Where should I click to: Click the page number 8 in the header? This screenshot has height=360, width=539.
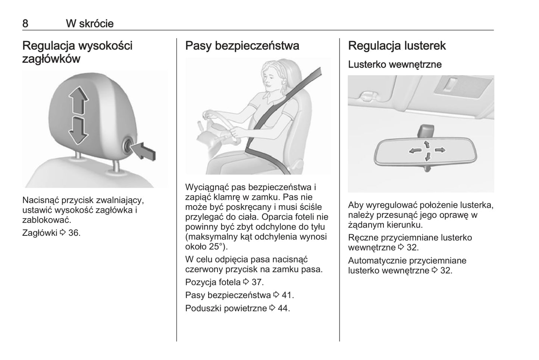[x=25, y=24]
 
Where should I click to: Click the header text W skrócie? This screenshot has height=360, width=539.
[x=90, y=24]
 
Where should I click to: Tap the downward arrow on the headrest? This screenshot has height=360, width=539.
[x=78, y=131]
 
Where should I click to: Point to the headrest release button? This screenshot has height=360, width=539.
[x=128, y=145]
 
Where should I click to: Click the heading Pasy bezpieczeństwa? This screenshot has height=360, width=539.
[x=242, y=46]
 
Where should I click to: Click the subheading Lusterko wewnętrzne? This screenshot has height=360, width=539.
[x=395, y=65]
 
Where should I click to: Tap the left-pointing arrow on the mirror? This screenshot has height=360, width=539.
[x=415, y=151]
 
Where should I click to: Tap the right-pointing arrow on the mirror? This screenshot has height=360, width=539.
[x=440, y=150]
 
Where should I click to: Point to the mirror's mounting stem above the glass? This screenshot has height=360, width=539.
[x=426, y=131]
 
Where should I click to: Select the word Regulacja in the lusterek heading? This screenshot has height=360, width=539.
[x=375, y=46]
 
